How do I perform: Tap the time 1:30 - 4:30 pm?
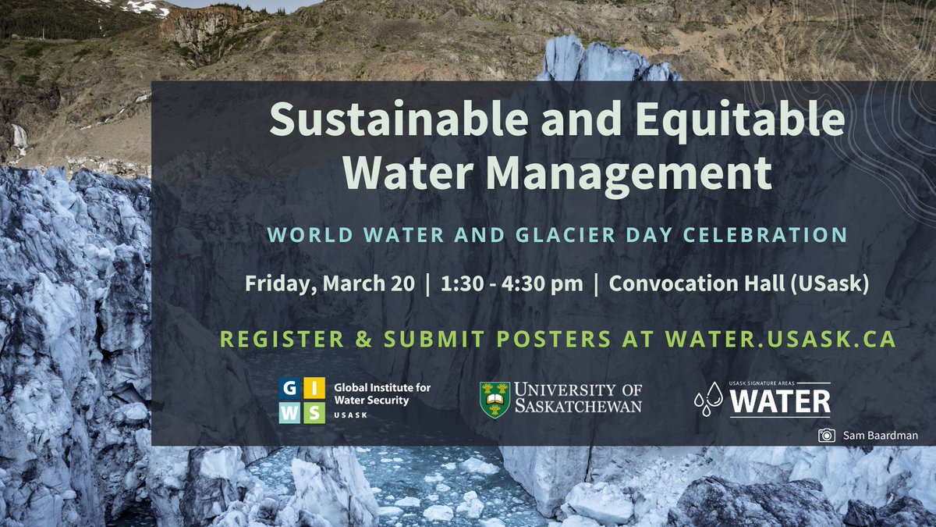point(511,283)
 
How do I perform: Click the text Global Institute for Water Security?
point(381,393)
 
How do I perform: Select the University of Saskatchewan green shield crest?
point(495,399)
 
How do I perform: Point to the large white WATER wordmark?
point(780,402)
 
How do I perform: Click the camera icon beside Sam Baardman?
point(825,436)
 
